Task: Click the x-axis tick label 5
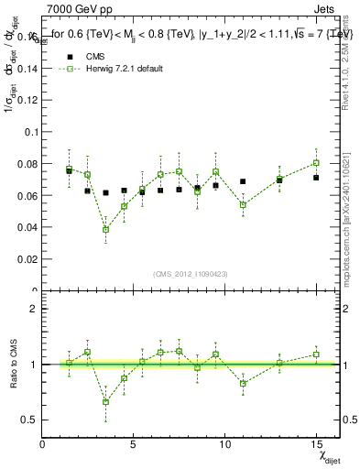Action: click(134, 444)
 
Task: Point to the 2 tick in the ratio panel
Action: click(34, 309)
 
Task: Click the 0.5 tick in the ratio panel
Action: click(29, 420)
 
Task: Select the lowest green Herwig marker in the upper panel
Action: click(106, 229)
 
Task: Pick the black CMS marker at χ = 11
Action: click(243, 181)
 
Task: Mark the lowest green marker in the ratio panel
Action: click(106, 401)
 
